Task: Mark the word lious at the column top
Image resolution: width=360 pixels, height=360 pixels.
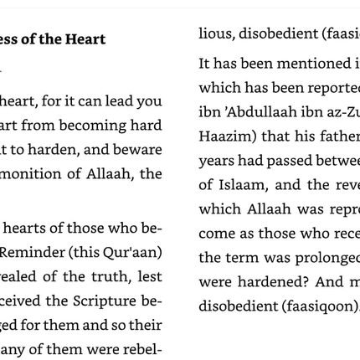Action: click(x=213, y=33)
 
